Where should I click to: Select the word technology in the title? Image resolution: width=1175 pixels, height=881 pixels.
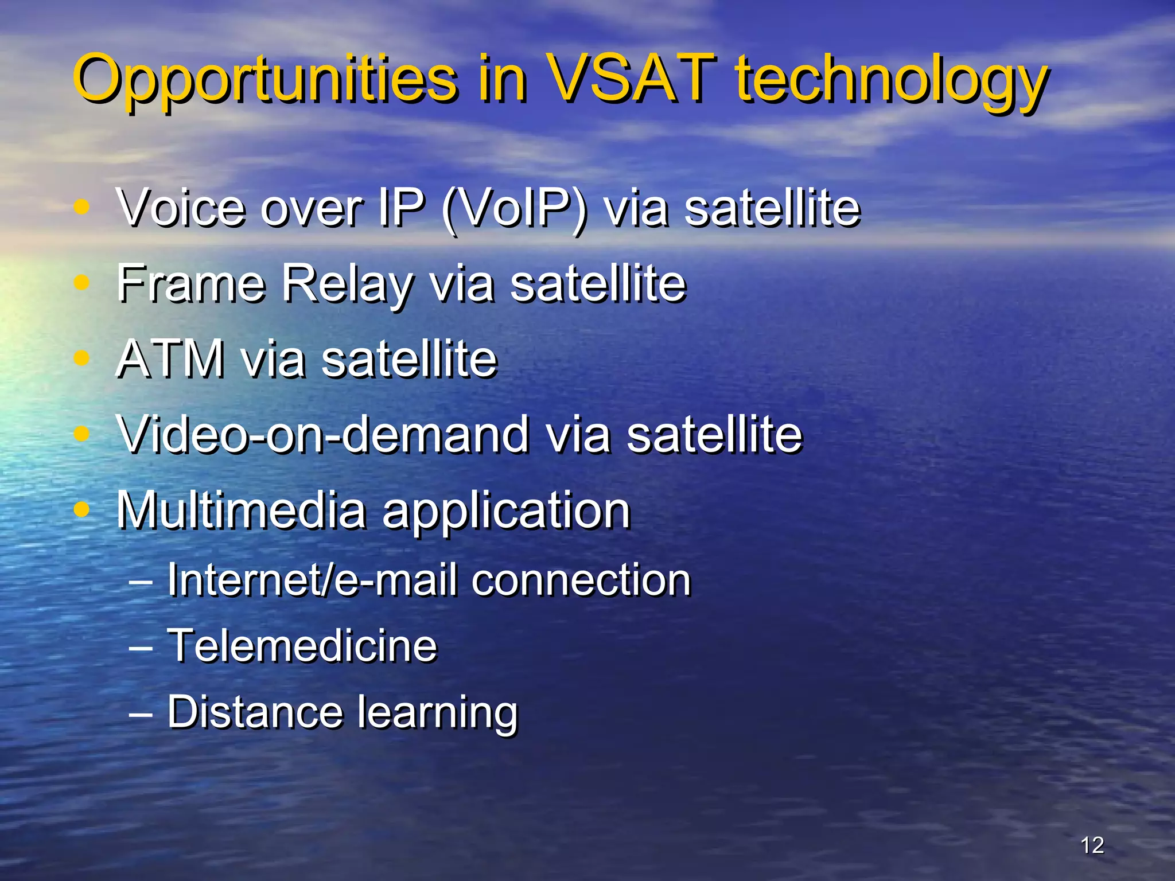tap(892, 80)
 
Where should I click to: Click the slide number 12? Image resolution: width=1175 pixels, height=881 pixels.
tap(1092, 845)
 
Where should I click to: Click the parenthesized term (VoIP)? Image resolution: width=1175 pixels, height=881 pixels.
tap(515, 208)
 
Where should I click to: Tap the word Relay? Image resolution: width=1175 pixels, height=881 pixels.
tap(346, 284)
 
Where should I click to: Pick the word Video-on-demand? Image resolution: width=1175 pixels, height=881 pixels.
tap(323, 434)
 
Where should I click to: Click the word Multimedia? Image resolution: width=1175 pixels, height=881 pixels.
tap(241, 510)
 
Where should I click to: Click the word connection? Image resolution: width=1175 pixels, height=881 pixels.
tap(581, 580)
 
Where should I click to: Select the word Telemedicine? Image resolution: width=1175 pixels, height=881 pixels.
tap(302, 646)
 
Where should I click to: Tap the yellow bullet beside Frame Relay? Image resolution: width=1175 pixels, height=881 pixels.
tap(83, 282)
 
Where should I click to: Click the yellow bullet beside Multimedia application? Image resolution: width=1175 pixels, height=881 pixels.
tap(83, 509)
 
